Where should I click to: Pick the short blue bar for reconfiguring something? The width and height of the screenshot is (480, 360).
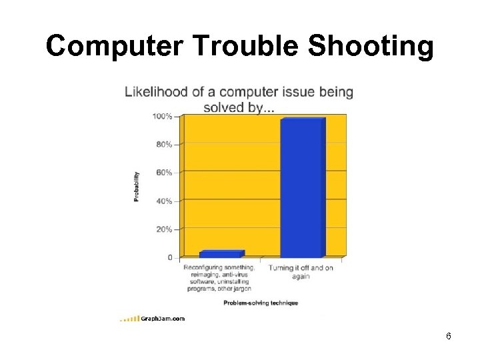click(x=221, y=254)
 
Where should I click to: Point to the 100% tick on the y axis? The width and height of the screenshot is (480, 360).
click(x=163, y=116)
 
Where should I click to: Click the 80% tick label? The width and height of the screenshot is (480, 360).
click(x=164, y=144)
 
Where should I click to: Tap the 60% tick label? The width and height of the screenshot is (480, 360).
click(x=164, y=172)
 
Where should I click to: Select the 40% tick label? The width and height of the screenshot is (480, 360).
click(x=164, y=201)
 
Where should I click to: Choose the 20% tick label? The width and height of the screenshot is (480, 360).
click(x=164, y=229)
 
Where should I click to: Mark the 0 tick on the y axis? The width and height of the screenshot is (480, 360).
click(x=169, y=257)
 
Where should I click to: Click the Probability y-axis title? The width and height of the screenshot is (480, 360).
click(x=137, y=186)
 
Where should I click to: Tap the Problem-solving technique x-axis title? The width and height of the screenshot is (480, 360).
click(x=261, y=303)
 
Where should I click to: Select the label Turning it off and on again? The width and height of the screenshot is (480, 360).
click(x=301, y=272)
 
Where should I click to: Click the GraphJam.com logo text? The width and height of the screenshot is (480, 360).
click(x=163, y=319)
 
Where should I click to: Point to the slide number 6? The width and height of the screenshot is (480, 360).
click(x=449, y=336)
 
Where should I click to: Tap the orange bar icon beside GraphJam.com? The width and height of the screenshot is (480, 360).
click(x=129, y=319)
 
